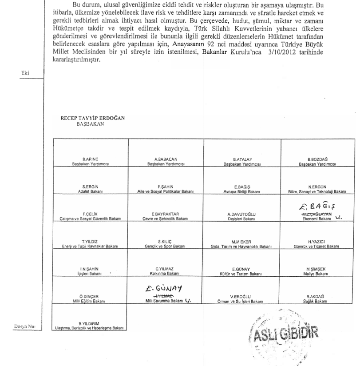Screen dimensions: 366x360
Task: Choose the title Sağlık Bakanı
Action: click(316, 301)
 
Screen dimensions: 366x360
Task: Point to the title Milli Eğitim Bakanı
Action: click(90, 301)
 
